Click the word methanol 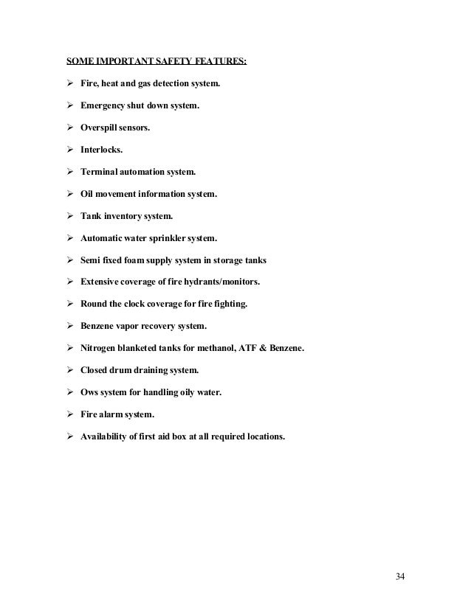point(217,348)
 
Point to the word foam point(143,260)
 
